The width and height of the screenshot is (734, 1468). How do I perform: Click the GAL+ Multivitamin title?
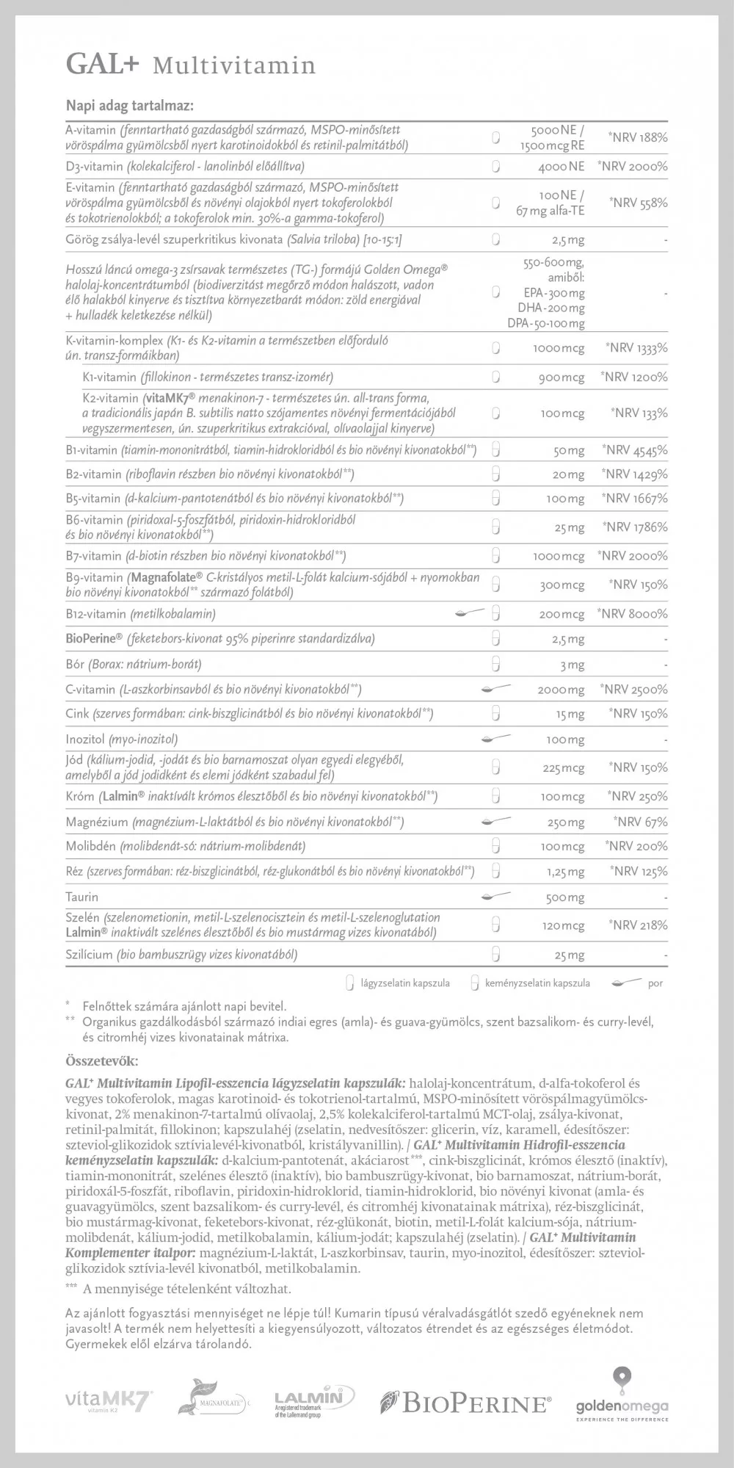191,65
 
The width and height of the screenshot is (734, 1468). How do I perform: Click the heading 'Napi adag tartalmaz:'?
129,105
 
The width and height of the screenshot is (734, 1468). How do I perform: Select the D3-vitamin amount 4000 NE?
562,166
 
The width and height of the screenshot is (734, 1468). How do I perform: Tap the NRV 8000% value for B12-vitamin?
633,613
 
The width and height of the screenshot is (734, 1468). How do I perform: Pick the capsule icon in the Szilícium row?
495,955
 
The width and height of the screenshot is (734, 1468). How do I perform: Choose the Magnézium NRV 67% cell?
640,822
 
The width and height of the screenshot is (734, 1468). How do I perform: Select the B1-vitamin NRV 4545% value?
634,450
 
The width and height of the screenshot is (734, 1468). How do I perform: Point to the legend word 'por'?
655,983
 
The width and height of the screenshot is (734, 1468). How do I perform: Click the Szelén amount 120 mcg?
564,925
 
